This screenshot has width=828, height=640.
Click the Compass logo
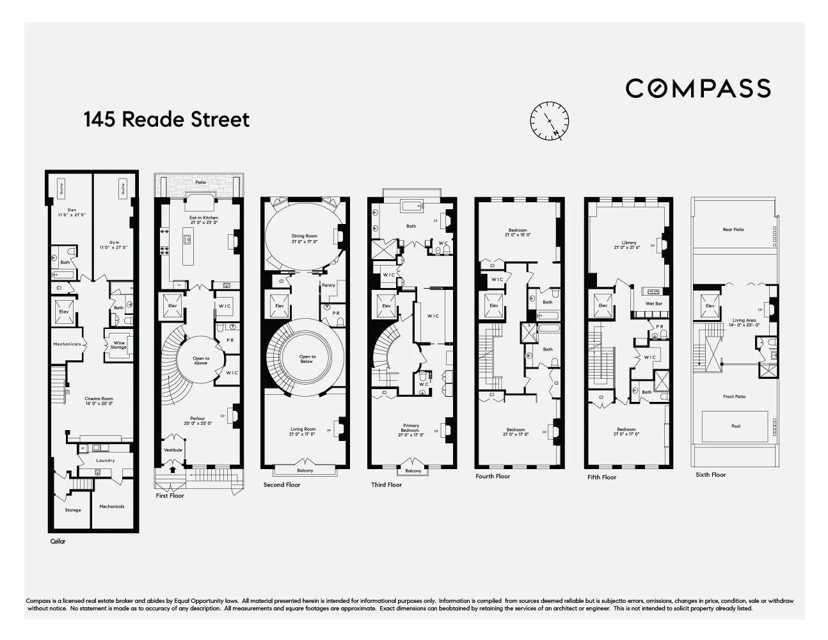pyautogui.click(x=697, y=88)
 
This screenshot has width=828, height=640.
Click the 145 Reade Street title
pyautogui.click(x=166, y=120)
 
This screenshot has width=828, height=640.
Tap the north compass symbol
pyautogui.click(x=549, y=120)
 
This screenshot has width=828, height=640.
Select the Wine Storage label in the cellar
pyautogui.click(x=118, y=345)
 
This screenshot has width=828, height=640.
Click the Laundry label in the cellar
pyautogui.click(x=106, y=460)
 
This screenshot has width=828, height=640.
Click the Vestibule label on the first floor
pyautogui.click(x=173, y=450)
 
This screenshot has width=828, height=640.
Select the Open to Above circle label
pyautogui.click(x=202, y=361)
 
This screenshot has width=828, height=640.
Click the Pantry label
pyautogui.click(x=328, y=285)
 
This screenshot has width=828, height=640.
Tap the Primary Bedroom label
pyautogui.click(x=410, y=429)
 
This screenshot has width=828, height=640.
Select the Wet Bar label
pyautogui.click(x=653, y=303)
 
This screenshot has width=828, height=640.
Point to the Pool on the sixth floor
pyautogui.click(x=735, y=426)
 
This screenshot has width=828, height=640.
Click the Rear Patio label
pyautogui.click(x=733, y=229)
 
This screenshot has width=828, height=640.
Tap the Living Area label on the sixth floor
pyautogui.click(x=744, y=322)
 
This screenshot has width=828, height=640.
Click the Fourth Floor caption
pyautogui.click(x=493, y=476)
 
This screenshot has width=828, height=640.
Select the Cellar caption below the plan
pyautogui.click(x=58, y=541)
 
